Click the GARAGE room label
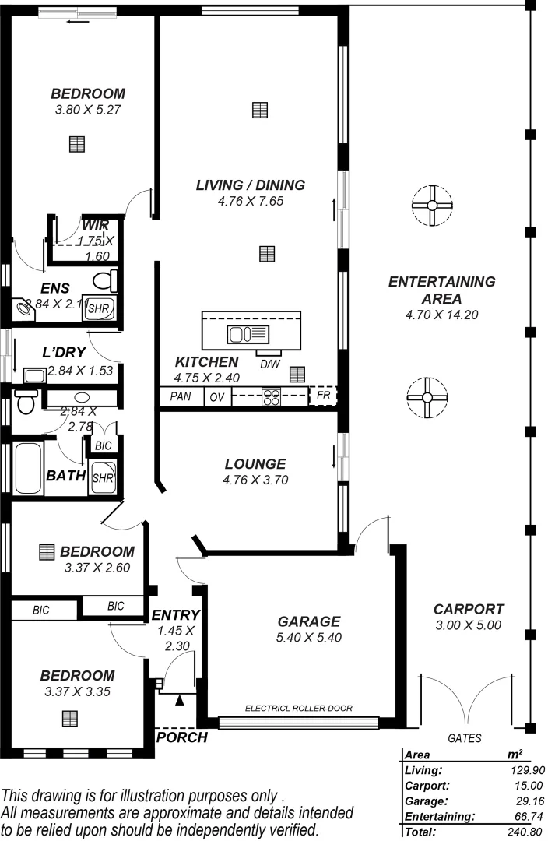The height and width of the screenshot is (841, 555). [309, 621]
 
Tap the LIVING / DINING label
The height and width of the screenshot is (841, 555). [250, 185]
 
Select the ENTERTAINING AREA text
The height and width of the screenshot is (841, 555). [441, 290]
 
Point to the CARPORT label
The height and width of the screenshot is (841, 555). [469, 610]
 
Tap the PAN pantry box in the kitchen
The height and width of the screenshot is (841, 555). [181, 397]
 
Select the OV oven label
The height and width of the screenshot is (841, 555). [217, 397]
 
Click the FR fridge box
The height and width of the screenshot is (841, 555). [323, 396]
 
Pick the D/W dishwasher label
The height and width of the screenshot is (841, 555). [269, 364]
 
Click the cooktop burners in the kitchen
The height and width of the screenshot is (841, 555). [272, 397]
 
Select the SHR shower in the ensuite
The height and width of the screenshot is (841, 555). [100, 308]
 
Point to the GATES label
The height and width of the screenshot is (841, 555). [465, 738]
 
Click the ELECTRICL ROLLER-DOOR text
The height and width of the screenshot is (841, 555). [298, 709]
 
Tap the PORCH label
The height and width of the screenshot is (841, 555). [182, 737]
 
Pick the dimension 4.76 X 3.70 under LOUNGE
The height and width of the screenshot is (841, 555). [255, 480]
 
